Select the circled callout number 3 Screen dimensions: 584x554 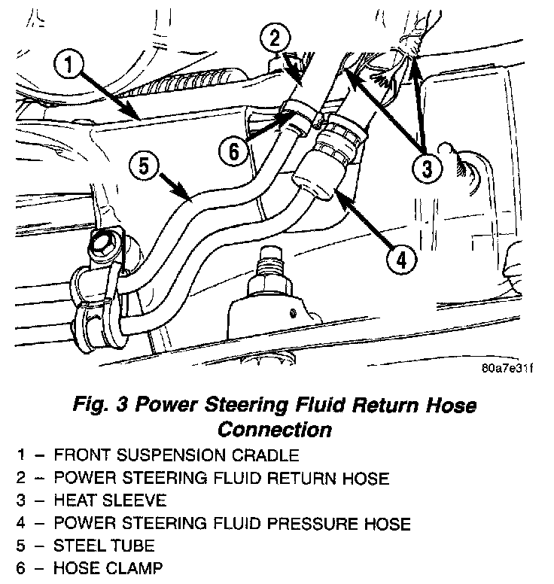(x=427, y=168)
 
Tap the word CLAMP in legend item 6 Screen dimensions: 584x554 (x=137, y=567)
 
